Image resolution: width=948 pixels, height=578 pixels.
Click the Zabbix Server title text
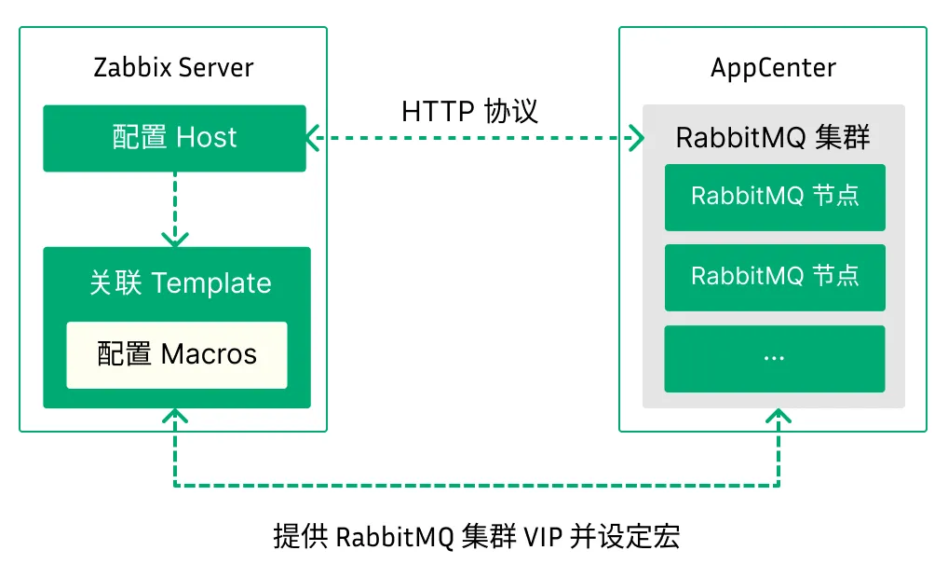pos(173,68)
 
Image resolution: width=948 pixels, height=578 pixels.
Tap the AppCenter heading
pos(773,68)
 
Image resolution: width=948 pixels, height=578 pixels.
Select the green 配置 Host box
pos(174,138)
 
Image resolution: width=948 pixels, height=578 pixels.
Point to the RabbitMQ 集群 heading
pos(773,138)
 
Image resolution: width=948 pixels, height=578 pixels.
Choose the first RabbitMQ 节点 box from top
pos(774,197)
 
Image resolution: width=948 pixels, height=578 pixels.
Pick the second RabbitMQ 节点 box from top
pos(774,277)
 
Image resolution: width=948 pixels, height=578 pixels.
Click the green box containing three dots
pos(774,358)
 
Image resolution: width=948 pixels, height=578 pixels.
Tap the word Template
pos(211,283)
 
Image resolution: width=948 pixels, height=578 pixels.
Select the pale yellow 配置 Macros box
pos(176,354)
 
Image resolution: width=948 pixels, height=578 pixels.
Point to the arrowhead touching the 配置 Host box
pos(314,138)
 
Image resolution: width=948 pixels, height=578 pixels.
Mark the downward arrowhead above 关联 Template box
pos(174,237)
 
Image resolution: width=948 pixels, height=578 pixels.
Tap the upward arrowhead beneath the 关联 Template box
pos(174,417)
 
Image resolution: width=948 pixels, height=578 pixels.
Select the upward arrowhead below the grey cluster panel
pos(779,417)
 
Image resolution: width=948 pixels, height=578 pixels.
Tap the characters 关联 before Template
pos(115,283)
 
